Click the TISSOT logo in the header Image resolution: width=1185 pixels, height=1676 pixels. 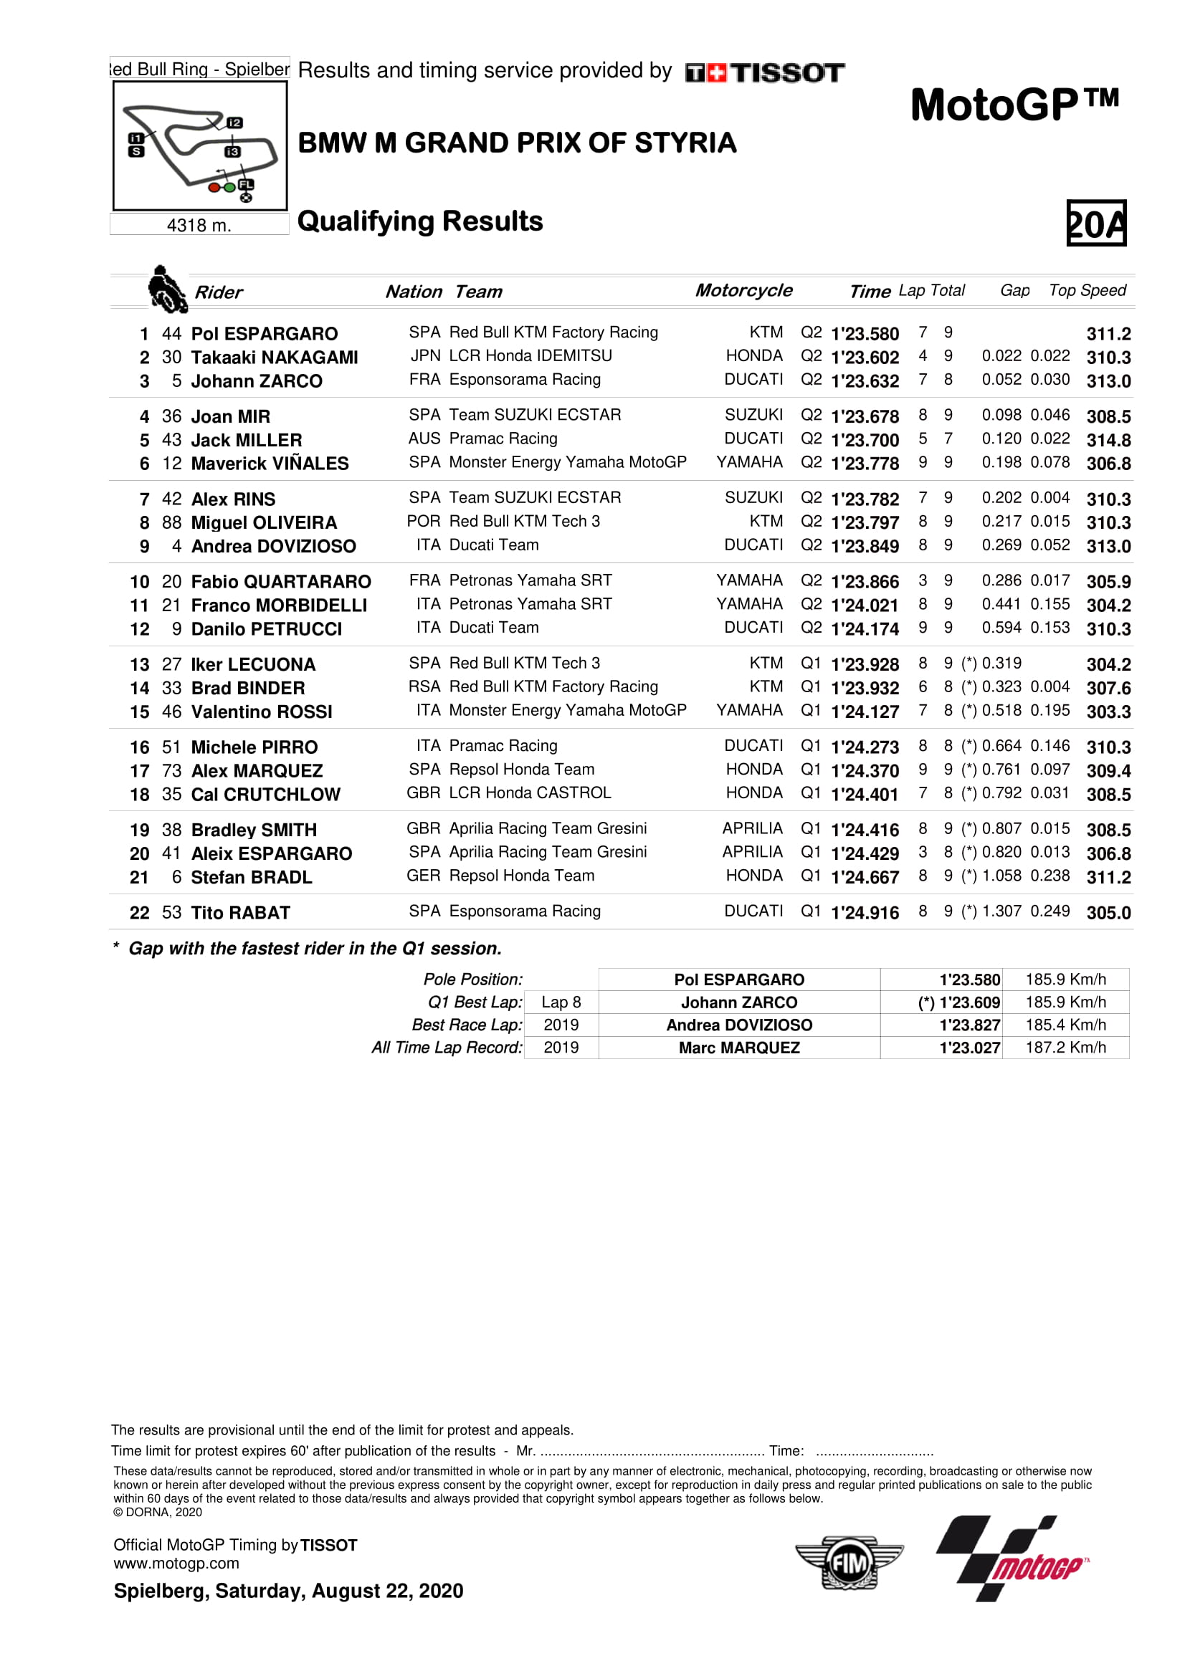[x=764, y=72]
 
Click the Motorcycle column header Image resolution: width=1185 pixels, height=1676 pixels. [x=743, y=290]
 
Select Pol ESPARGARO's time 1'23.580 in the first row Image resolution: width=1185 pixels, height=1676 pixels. [x=865, y=334]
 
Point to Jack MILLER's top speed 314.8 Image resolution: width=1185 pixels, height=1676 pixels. [x=1108, y=440]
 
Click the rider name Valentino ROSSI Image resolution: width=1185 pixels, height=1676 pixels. [x=262, y=712]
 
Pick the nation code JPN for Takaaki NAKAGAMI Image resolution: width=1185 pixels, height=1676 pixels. [x=425, y=356]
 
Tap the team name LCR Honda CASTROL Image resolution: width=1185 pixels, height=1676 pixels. [x=529, y=792]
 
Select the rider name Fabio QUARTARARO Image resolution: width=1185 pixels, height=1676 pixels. [x=280, y=582]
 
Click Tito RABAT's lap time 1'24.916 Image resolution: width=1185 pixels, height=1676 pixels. [x=865, y=912]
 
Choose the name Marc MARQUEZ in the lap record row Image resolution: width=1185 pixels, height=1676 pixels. [x=739, y=1048]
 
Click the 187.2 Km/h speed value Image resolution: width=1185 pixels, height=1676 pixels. [x=1065, y=1048]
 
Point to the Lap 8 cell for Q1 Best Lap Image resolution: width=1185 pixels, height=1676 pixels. [x=561, y=1002]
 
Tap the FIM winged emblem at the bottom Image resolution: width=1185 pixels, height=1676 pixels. [x=849, y=1563]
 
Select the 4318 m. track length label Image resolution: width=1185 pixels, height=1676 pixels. [x=199, y=226]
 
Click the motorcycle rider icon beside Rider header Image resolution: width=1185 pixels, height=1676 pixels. [x=166, y=289]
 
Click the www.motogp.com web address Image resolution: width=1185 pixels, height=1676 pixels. [x=176, y=1564]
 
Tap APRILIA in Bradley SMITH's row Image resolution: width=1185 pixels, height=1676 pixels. [x=752, y=828]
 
